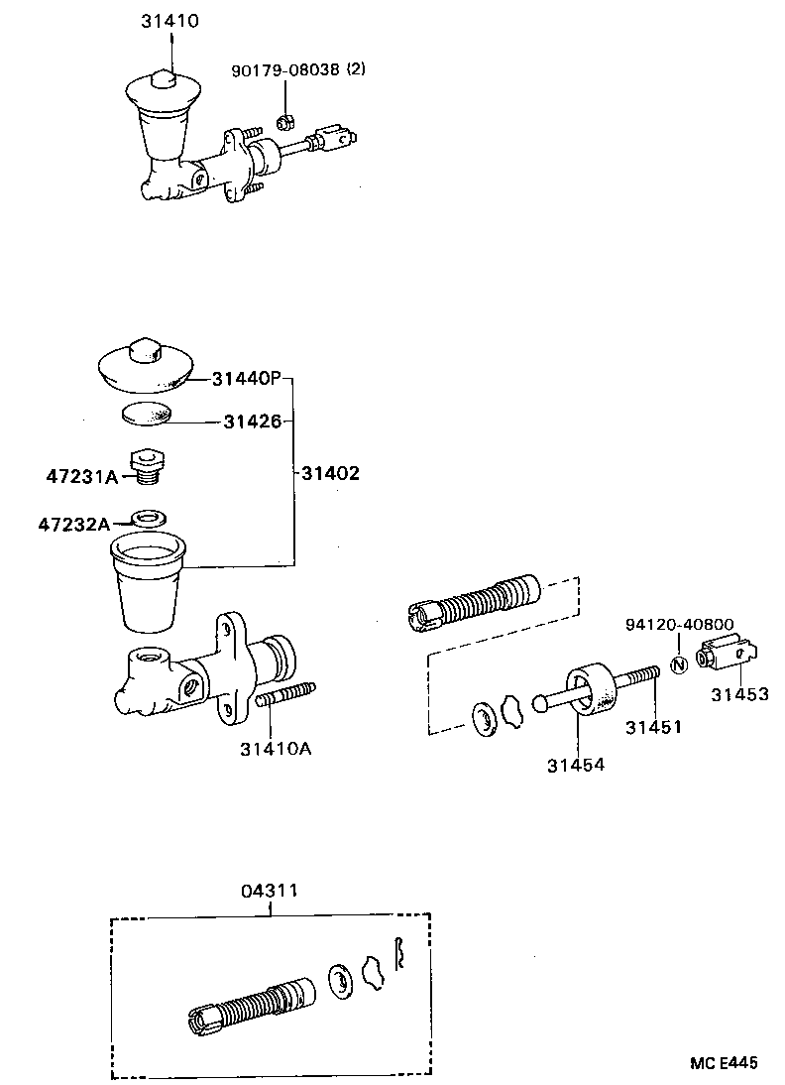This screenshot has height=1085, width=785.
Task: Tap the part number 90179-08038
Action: pyautogui.click(x=285, y=70)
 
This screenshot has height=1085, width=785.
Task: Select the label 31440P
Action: pyautogui.click(x=246, y=379)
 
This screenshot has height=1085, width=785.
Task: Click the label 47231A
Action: pyautogui.click(x=82, y=477)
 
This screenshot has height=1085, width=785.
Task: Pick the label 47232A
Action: pyautogui.click(x=74, y=523)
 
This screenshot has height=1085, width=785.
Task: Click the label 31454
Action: pyautogui.click(x=576, y=765)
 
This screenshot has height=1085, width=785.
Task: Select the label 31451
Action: pyautogui.click(x=653, y=727)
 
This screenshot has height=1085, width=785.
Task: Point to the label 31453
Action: pyautogui.click(x=738, y=694)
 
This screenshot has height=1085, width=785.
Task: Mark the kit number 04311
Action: pyautogui.click(x=268, y=891)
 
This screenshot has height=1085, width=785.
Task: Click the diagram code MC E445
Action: pyautogui.click(x=724, y=1063)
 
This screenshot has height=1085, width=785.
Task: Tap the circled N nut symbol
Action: pyautogui.click(x=679, y=664)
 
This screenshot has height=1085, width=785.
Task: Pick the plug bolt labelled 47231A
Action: pyautogui.click(x=150, y=466)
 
